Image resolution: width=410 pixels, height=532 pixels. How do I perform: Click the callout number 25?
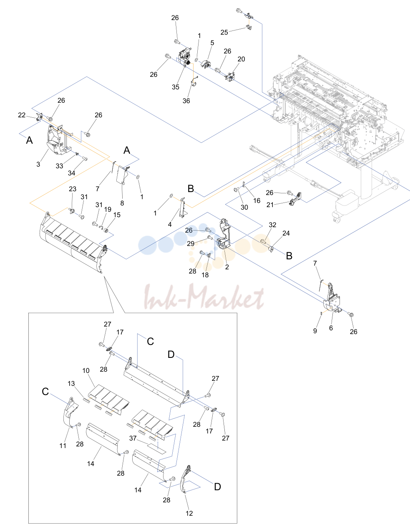(x=224, y=32)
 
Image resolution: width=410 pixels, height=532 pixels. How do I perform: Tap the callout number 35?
(x=175, y=87)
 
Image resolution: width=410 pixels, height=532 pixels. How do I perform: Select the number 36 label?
(x=186, y=101)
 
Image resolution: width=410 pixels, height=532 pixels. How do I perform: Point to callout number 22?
(x=22, y=115)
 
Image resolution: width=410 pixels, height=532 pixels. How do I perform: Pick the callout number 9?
(x=315, y=331)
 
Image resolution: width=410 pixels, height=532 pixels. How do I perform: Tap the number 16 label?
(x=257, y=201)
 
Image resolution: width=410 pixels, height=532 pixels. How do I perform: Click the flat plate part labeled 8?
(x=122, y=175)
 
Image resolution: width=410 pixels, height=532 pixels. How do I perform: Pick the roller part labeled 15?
(x=106, y=231)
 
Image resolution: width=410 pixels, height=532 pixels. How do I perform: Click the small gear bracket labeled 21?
(x=296, y=199)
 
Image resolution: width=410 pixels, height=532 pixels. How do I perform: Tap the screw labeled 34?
(x=85, y=159)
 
